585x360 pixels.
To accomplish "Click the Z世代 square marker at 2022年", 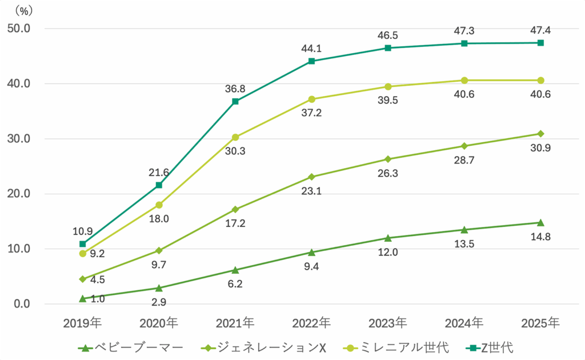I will (311, 61).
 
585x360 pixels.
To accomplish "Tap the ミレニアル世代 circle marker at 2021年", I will (235, 137).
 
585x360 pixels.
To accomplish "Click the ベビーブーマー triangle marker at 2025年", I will (540, 222).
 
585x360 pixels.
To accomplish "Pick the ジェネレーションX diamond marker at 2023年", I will (387, 159).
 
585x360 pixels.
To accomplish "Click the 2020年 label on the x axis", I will (159, 322).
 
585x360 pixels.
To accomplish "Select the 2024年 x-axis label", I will (464, 322).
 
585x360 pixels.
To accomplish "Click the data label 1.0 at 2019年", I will (97, 298).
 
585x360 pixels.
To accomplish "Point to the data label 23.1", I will (311, 191).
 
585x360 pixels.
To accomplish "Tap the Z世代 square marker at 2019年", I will (83, 244).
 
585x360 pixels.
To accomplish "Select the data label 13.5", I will (464, 244).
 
